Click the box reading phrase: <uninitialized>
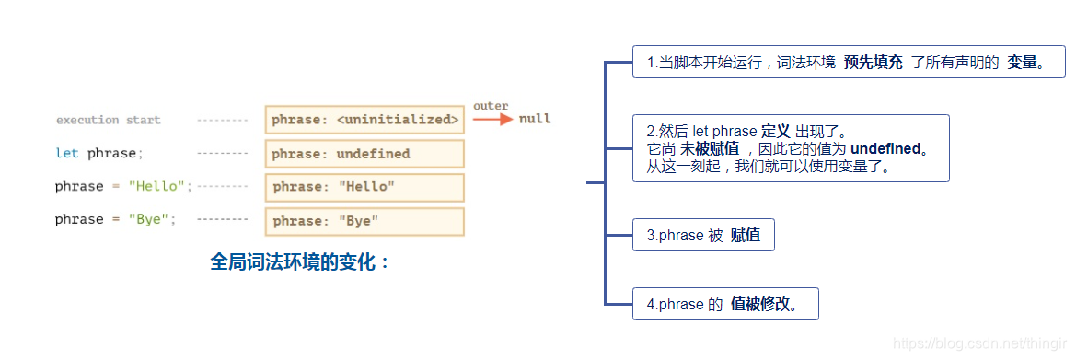[x=364, y=120]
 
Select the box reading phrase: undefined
[x=364, y=154]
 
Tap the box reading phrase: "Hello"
[x=364, y=187]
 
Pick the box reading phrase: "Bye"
[x=364, y=221]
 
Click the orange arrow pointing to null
[x=492, y=119]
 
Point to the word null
[x=535, y=119]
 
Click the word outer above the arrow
[x=491, y=106]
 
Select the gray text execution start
[x=108, y=120]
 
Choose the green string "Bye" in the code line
[x=151, y=219]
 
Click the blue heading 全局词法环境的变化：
[x=301, y=261]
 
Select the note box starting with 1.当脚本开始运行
[x=849, y=63]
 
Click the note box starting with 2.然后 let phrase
[x=791, y=147]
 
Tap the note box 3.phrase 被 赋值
[x=703, y=235]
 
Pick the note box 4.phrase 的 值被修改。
[x=725, y=304]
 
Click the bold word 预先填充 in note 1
[x=873, y=63]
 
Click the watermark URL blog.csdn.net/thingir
[x=978, y=343]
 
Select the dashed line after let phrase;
[x=223, y=153]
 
